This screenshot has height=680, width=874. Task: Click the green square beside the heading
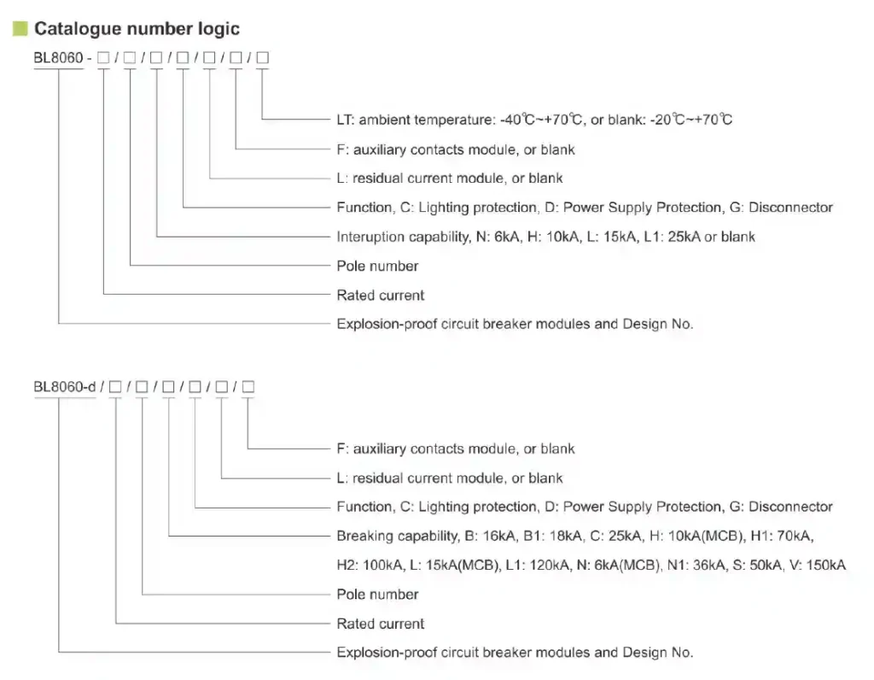coord(20,29)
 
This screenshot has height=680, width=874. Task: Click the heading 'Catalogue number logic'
coord(137,29)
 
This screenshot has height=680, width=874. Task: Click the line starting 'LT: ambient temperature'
coord(534,120)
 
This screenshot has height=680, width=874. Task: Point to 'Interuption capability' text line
coord(545,237)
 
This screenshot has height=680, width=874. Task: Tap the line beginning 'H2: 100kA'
coord(591,566)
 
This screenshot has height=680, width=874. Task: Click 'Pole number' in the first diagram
coord(377,266)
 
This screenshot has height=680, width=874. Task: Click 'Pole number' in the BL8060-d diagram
coord(377,595)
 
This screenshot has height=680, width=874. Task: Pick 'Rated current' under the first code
coord(380,295)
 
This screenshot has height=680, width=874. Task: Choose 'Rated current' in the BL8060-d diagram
coord(380,624)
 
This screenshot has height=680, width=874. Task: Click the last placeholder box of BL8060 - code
coord(263,58)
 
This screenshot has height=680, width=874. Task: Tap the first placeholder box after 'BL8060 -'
coord(103,58)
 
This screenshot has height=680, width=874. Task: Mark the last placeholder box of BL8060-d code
coord(248,387)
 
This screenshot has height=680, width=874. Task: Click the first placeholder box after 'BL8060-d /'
coord(115,387)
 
